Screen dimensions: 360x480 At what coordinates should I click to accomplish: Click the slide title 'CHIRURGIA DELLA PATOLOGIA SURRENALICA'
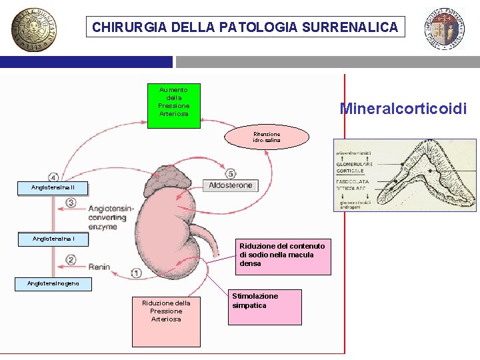click(245, 27)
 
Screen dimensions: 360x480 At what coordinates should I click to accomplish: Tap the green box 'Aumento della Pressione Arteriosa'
click(173, 101)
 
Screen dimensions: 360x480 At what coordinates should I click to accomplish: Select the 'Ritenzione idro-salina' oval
click(267, 137)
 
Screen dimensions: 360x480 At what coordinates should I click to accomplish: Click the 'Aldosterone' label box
click(231, 185)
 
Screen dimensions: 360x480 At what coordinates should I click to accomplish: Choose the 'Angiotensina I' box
click(53, 239)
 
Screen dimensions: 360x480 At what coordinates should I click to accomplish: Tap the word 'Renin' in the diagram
click(99, 267)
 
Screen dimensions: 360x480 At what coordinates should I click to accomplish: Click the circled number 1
click(136, 273)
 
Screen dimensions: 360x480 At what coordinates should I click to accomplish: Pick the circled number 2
click(71, 259)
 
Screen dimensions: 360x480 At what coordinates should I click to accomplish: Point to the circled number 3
click(71, 203)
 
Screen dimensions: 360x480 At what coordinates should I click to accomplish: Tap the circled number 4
click(53, 177)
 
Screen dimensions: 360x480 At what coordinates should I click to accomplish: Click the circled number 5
click(230, 173)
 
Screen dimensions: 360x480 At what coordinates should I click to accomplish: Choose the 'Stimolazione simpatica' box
click(265, 307)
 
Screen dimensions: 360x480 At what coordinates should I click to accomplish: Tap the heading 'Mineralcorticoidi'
click(403, 108)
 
